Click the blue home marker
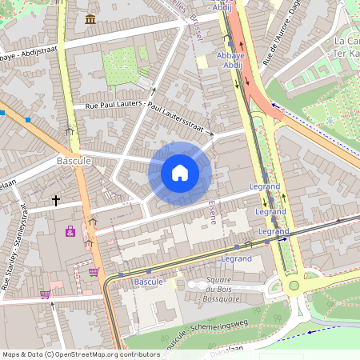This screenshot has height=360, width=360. (x=180, y=173)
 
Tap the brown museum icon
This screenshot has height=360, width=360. (x=90, y=18)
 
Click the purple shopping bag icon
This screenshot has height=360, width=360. (x=70, y=231)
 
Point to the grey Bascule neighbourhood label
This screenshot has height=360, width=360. (x=74, y=161)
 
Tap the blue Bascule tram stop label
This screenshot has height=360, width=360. (x=148, y=282)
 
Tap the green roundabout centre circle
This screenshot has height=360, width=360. (x=294, y=285)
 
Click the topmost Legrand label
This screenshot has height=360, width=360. (x=265, y=186)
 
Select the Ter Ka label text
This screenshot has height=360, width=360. (x=346, y=53)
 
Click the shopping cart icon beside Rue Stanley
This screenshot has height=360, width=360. (x=45, y=294)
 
